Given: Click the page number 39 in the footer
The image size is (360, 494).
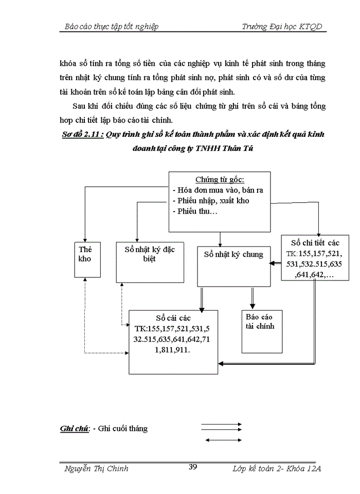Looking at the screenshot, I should pyautogui.click(x=193, y=467).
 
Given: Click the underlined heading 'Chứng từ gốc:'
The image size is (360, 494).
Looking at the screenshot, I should pyautogui.click(x=220, y=180).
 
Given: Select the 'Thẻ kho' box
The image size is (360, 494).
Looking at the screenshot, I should pyautogui.click(x=85, y=254).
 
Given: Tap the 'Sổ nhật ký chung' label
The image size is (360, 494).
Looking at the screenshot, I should pyautogui.click(x=233, y=254).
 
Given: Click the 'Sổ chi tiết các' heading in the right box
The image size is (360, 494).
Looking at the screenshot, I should pyautogui.click(x=315, y=242).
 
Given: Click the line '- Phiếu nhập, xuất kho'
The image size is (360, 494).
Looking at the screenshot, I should pyautogui.click(x=211, y=201).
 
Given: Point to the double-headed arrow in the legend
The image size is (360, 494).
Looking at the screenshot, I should pyautogui.click(x=223, y=440).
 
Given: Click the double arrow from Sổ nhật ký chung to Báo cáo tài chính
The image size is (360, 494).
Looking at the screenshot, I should pyautogui.click(x=252, y=297).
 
